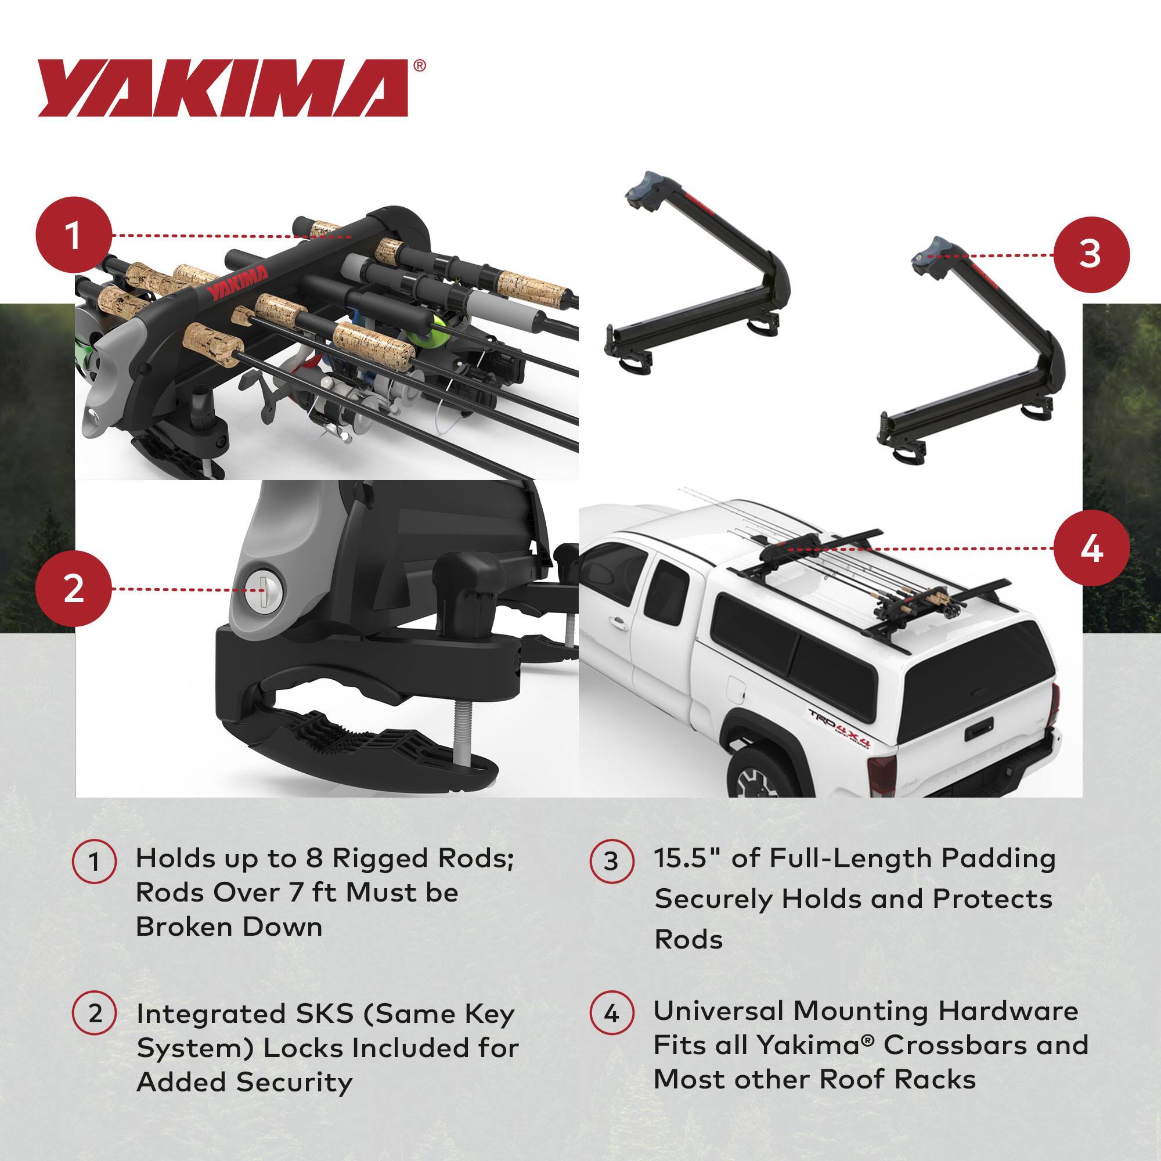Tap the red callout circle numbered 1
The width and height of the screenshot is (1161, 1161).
74,236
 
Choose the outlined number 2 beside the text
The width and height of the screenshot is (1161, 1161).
95,1013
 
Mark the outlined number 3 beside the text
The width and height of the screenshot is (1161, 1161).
611,861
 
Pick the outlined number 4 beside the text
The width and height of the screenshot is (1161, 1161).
611,1013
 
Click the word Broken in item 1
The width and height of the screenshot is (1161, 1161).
178,926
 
